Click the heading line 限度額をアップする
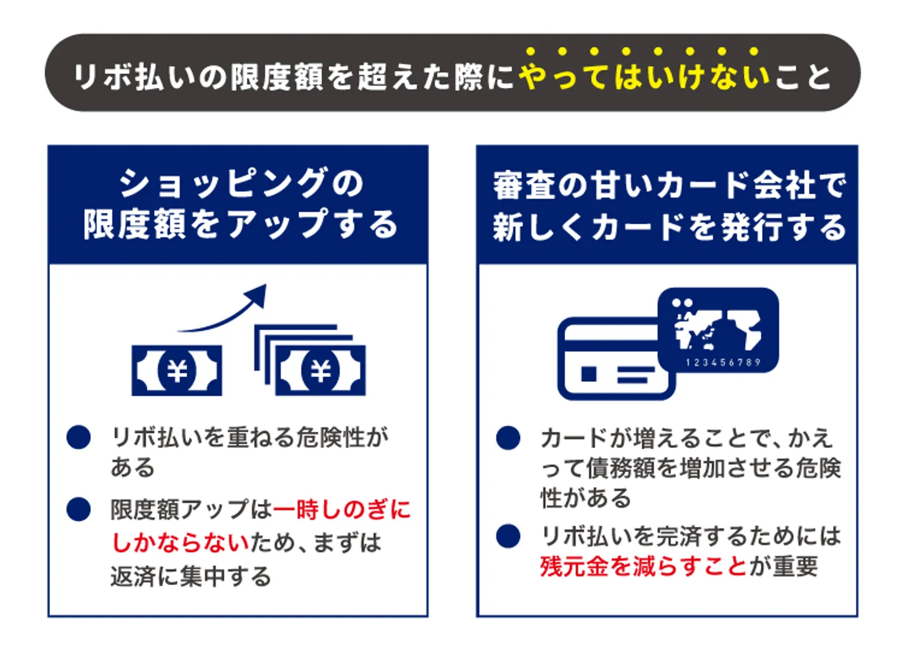[x=241, y=224]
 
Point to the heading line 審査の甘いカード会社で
[x=669, y=185]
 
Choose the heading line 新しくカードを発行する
[x=669, y=226]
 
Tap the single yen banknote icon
[x=176, y=371]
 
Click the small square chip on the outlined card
[x=588, y=373]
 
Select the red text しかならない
[x=180, y=543]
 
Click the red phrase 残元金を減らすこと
[x=643, y=566]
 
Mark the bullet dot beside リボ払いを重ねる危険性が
[x=79, y=437]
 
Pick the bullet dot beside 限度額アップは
[x=79, y=510]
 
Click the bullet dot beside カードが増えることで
[x=508, y=437]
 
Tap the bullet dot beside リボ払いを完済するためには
[x=508, y=536]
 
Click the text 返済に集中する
[x=190, y=576]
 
